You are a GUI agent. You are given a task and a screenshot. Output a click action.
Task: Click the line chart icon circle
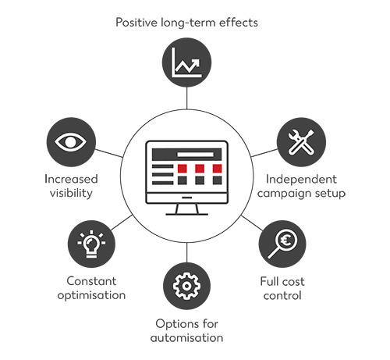(x=186, y=62)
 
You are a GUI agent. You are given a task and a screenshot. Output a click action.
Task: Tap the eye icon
(x=71, y=142)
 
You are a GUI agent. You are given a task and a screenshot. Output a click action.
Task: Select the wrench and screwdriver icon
(x=301, y=142)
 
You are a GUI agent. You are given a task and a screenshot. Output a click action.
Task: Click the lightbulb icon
(x=91, y=244)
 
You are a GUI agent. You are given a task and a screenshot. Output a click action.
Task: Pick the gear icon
(x=186, y=286)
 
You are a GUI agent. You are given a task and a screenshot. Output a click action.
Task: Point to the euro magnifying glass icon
(x=282, y=244)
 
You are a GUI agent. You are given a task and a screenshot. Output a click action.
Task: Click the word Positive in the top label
(x=136, y=23)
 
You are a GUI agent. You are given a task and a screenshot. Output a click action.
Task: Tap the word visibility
(x=71, y=194)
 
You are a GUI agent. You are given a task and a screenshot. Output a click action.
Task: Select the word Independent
(x=301, y=180)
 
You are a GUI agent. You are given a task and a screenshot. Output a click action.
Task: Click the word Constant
(x=91, y=281)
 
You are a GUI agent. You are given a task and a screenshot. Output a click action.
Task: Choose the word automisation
(x=186, y=338)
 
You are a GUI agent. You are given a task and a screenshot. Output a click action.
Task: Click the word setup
(x=330, y=194)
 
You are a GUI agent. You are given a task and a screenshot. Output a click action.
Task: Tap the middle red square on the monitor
(x=200, y=169)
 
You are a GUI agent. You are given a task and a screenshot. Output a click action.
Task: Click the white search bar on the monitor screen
(x=195, y=155)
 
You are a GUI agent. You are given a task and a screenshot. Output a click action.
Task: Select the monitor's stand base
(x=186, y=214)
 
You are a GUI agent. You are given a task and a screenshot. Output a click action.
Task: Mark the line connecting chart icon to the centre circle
(x=186, y=98)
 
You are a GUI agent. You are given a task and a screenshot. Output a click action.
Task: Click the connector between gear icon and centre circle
(x=186, y=252)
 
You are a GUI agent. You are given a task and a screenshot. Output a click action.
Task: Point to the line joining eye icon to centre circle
(x=108, y=153)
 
